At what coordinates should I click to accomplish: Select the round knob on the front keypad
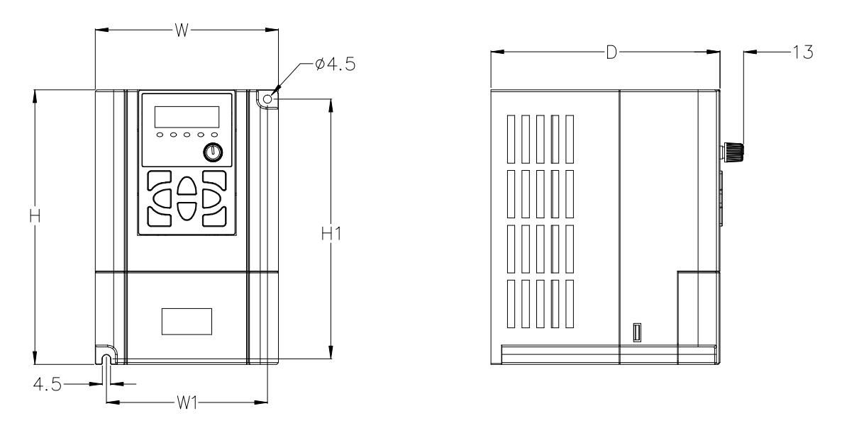(213, 151)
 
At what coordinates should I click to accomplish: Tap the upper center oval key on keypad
(186, 187)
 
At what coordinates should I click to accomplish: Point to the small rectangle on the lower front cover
(186, 321)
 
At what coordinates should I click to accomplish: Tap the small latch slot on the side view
(637, 332)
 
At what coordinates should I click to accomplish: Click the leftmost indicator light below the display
(160, 135)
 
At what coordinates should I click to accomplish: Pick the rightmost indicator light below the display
(214, 135)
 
